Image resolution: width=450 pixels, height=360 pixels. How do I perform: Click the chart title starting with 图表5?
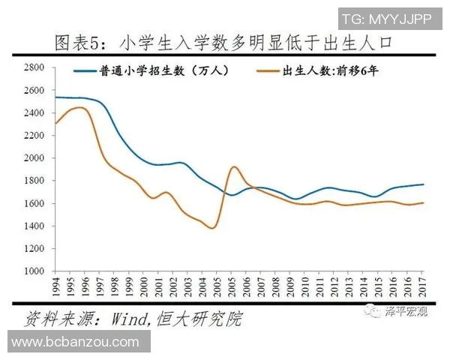click(x=225, y=43)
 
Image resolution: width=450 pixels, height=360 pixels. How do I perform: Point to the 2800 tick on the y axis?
click(x=36, y=67)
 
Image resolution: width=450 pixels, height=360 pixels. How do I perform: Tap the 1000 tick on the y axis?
click(x=36, y=271)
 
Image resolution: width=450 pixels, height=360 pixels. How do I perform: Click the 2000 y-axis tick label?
click(x=36, y=158)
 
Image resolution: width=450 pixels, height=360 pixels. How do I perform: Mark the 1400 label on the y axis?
click(x=36, y=226)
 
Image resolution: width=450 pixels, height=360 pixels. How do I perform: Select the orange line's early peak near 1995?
click(x=79, y=108)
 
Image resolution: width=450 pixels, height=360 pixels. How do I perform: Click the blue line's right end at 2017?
click(x=423, y=184)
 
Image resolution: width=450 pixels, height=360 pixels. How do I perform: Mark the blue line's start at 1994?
click(x=56, y=97)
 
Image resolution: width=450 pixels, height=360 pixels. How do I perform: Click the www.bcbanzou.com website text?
click(x=76, y=342)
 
